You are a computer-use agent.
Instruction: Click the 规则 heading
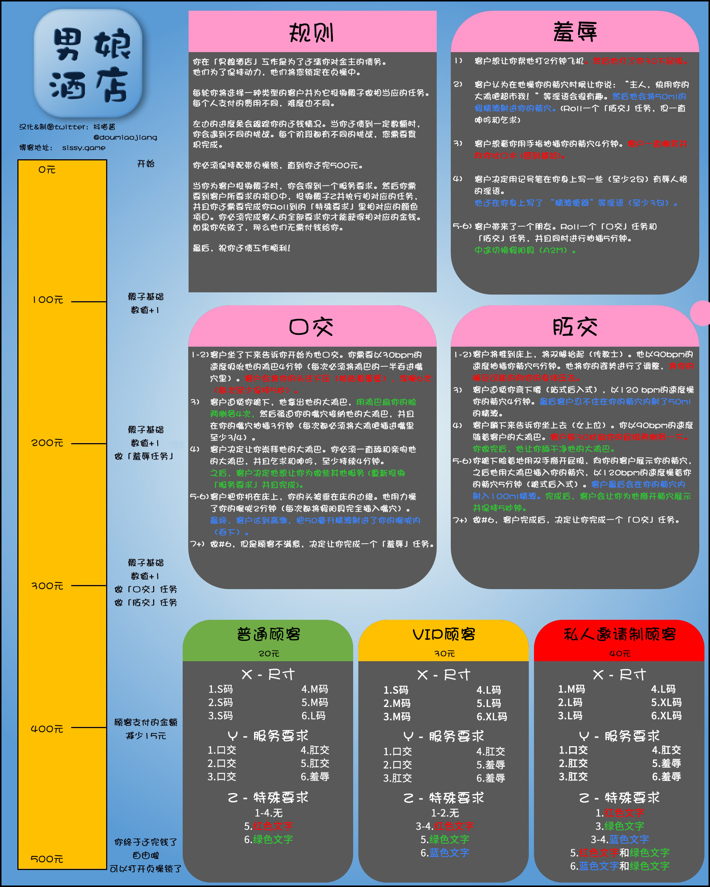click(x=312, y=33)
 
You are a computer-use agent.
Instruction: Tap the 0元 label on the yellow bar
click(x=47, y=170)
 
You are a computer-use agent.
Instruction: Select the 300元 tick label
click(x=48, y=585)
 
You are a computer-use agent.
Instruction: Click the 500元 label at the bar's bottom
click(x=47, y=859)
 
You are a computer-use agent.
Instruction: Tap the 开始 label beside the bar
click(x=146, y=164)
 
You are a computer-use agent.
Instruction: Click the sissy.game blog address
click(x=84, y=148)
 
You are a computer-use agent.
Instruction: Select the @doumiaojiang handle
click(x=125, y=137)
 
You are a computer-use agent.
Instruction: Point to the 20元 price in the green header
click(x=269, y=653)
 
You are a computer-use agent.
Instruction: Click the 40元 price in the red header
click(x=620, y=653)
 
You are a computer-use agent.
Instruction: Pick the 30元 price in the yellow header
click(x=444, y=653)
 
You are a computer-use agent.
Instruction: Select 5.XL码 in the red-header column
click(x=666, y=702)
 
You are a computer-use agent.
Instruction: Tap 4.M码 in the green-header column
click(x=314, y=689)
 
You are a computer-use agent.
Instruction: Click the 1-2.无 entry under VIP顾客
click(x=444, y=813)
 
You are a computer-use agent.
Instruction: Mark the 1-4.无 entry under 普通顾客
click(x=268, y=813)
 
